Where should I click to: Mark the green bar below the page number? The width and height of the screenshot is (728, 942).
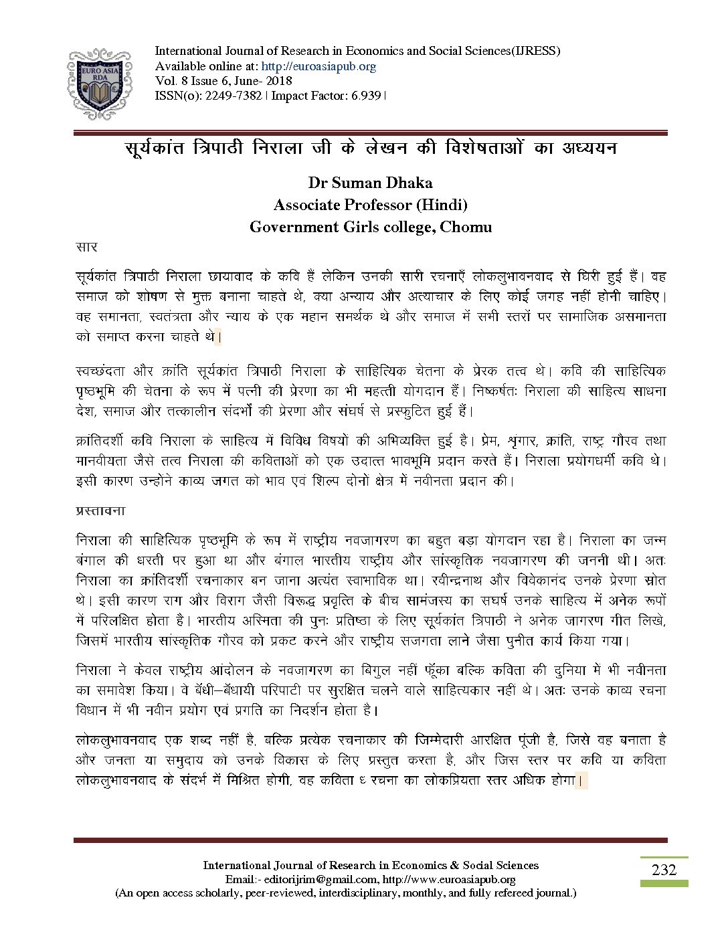[664, 883]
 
